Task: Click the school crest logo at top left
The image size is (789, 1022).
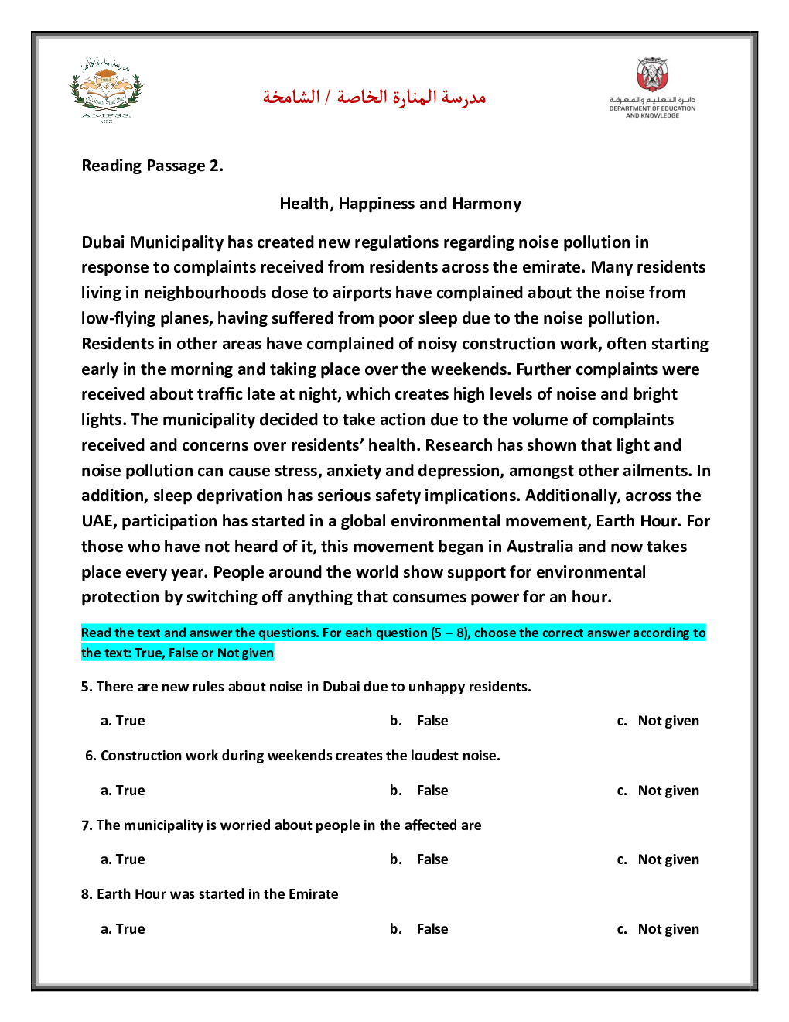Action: (106, 88)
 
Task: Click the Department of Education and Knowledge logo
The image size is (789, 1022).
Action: (652, 87)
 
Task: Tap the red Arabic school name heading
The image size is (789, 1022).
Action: (374, 98)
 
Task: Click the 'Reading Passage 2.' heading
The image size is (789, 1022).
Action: (152, 166)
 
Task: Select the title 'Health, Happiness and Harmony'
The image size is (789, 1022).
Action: (400, 204)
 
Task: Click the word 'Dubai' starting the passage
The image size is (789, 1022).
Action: (103, 242)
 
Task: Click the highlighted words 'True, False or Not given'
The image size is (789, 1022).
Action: (204, 653)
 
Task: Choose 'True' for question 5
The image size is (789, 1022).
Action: (130, 721)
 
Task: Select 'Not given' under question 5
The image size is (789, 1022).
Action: (668, 721)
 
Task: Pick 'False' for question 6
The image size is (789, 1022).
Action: (432, 791)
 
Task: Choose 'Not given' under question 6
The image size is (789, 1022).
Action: (668, 791)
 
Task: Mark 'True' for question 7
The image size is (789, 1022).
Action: (130, 859)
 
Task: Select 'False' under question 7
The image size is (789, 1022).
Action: (432, 859)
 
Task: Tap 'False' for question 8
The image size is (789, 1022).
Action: (432, 929)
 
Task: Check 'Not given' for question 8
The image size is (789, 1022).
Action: (668, 929)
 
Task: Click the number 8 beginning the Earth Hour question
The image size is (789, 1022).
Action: (85, 894)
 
